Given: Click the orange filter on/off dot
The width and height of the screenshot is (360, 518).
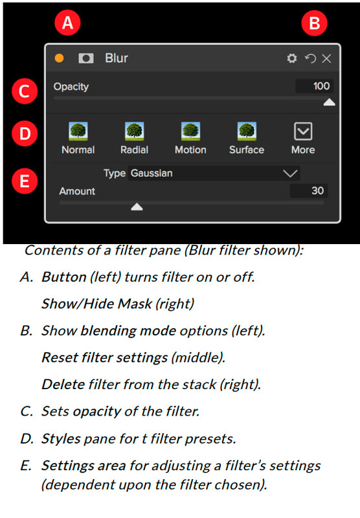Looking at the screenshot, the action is (x=59, y=58).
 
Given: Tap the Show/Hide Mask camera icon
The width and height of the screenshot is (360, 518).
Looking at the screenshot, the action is (x=86, y=58).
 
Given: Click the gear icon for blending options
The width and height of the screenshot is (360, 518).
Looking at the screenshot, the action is (x=291, y=58).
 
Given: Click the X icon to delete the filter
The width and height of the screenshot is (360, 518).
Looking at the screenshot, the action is (x=326, y=58).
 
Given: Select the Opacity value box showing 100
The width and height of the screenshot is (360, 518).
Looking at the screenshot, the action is (x=314, y=86).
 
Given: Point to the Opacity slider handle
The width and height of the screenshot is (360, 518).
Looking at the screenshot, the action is (x=329, y=102).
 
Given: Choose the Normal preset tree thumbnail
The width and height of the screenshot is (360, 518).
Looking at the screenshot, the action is (x=78, y=131).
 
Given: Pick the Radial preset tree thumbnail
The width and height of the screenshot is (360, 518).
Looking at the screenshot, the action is (x=135, y=131).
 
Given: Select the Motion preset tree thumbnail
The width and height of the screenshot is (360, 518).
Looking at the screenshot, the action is (x=190, y=131).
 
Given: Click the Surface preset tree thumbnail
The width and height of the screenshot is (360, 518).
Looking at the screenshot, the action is (x=247, y=131).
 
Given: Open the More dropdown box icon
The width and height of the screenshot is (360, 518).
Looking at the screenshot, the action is (x=303, y=131).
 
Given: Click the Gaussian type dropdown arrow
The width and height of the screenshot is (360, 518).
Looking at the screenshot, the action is (x=290, y=174).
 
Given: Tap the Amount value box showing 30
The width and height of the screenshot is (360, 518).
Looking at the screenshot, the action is (x=309, y=190).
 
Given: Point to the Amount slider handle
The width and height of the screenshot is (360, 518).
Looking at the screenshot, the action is (x=137, y=207).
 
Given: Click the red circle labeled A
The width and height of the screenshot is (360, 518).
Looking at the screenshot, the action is (x=68, y=23).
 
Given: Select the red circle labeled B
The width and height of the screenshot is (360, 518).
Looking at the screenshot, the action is (x=315, y=23).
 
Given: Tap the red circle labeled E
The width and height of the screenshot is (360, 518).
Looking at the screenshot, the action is (x=25, y=181).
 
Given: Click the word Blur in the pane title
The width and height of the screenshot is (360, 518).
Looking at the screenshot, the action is (x=117, y=58).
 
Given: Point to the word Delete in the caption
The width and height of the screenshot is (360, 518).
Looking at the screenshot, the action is (x=62, y=384).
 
